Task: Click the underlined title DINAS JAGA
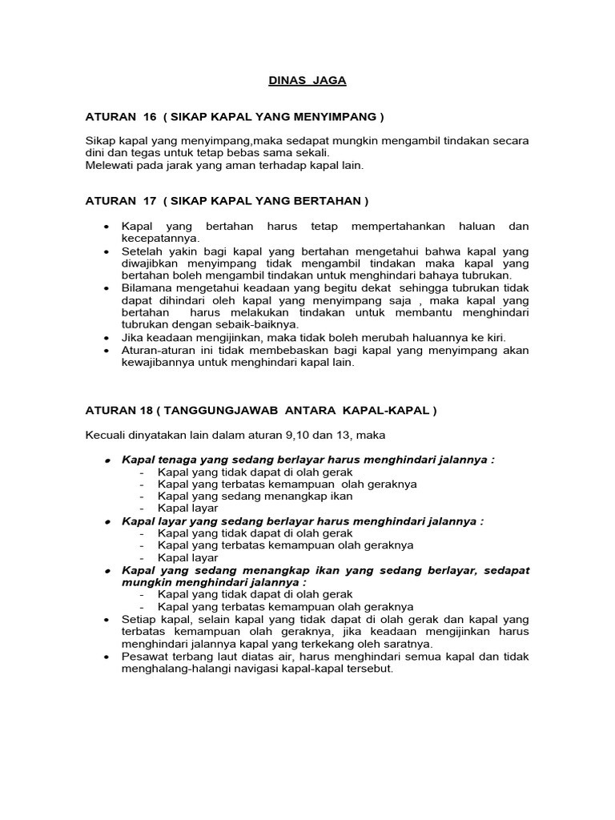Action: (307, 80)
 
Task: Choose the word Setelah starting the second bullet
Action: (141, 251)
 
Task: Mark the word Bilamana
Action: (147, 288)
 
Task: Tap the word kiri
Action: (492, 337)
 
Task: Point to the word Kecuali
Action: (107, 436)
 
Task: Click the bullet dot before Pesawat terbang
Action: (107, 657)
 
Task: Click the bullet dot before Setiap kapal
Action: (107, 620)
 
